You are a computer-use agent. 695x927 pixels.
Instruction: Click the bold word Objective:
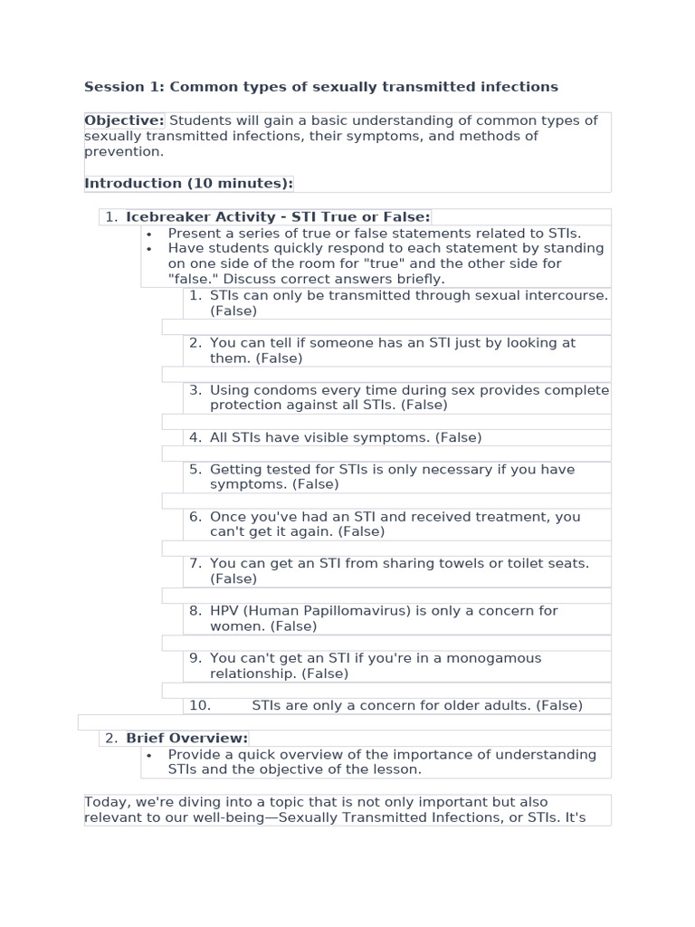tap(124, 120)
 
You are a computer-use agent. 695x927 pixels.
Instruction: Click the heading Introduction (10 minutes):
tap(188, 183)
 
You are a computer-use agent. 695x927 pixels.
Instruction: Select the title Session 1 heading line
tap(320, 87)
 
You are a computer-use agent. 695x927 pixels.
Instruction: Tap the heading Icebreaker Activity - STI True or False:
tap(278, 216)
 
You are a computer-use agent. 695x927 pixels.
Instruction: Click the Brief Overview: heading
tap(186, 738)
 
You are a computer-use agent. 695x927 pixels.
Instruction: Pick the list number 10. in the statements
tap(199, 705)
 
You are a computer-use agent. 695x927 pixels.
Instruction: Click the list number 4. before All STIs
tap(195, 437)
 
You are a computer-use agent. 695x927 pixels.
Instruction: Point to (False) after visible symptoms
tap(458, 437)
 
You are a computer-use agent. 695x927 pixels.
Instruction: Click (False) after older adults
tap(559, 705)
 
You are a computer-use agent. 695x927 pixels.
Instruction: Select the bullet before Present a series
tap(148, 234)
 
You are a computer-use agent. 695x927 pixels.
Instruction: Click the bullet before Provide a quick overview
tap(148, 755)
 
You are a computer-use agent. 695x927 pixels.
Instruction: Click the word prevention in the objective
tap(122, 152)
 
